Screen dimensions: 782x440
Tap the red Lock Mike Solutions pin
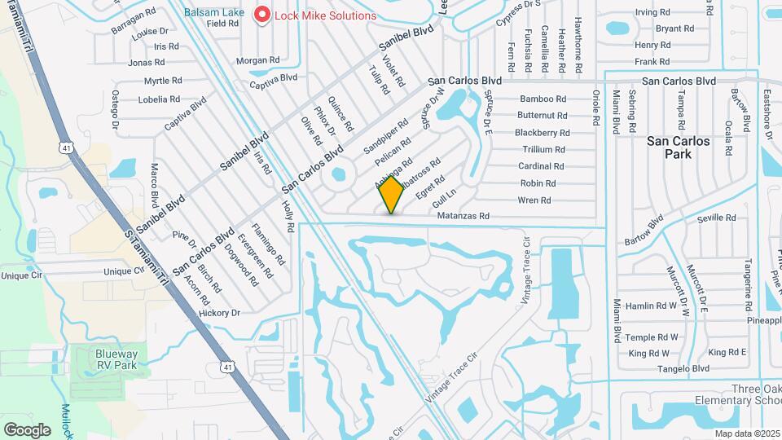(262, 15)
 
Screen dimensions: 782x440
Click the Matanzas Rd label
(462, 217)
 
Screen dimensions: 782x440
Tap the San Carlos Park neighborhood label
(678, 147)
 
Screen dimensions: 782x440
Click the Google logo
(28, 429)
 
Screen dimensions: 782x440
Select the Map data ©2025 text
(745, 433)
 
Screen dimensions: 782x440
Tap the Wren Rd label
(534, 200)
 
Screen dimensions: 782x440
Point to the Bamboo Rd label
(542, 99)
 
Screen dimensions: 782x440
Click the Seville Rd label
(716, 218)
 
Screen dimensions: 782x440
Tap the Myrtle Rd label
(162, 81)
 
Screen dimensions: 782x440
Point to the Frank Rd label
(652, 61)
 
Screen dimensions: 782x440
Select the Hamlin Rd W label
(652, 306)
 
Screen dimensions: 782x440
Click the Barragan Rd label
(134, 15)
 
